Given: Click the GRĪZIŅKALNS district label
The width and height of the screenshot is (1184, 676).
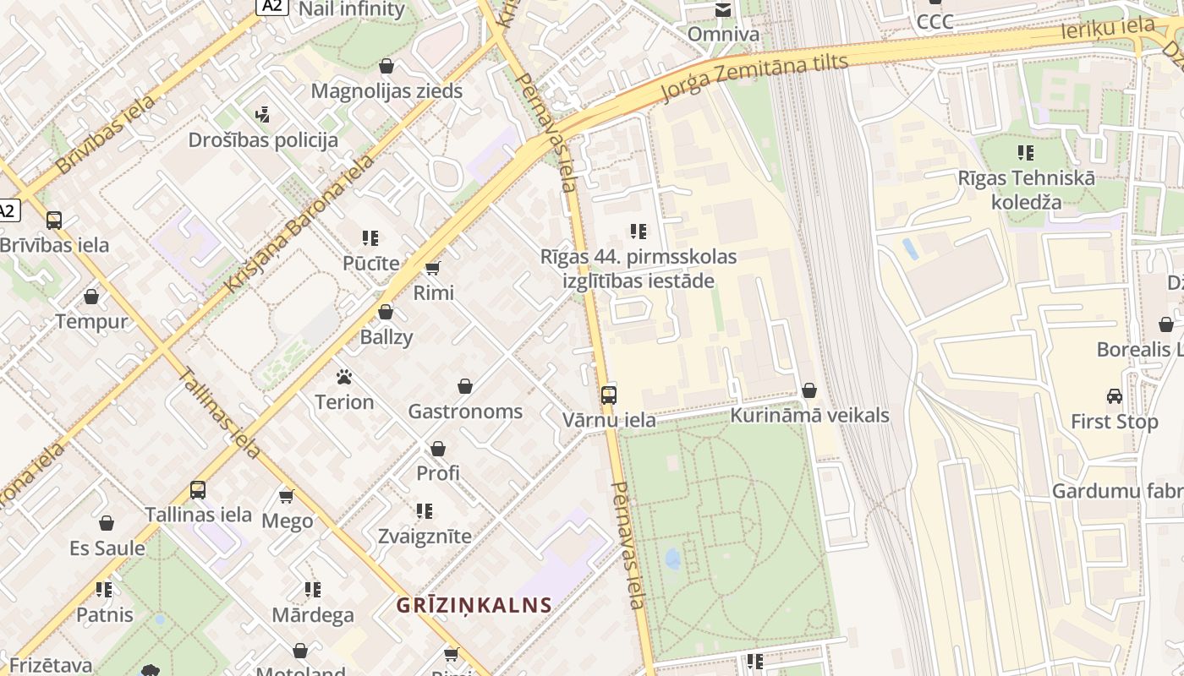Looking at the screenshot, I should (474, 605).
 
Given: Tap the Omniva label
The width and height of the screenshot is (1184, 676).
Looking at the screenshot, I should (723, 35).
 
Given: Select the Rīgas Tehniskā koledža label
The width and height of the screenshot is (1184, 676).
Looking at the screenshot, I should (1026, 190).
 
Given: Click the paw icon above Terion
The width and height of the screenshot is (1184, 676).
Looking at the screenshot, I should (344, 377).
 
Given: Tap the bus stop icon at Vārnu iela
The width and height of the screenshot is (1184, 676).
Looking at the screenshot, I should (608, 395).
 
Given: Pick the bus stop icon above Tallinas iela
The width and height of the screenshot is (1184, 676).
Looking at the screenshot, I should (198, 490).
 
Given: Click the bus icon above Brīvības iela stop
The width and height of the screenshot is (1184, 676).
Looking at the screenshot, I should (54, 221).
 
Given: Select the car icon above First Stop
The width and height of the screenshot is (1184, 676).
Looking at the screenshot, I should (1114, 396).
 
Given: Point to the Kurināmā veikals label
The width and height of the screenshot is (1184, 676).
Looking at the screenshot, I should (809, 415).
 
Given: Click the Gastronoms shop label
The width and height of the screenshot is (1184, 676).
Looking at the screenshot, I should (465, 412).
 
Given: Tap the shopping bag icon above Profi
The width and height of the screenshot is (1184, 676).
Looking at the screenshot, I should (438, 449).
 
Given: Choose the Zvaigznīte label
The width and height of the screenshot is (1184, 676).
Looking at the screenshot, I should (425, 536).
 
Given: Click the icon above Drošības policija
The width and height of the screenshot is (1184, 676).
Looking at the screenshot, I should (263, 114).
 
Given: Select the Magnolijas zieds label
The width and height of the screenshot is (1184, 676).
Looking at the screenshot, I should (386, 90).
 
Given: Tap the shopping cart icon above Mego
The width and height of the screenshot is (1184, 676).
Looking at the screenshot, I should (287, 496).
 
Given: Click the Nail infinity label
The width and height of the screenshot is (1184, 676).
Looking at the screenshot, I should (352, 10).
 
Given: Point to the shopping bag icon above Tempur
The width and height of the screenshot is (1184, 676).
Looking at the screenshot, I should (91, 297).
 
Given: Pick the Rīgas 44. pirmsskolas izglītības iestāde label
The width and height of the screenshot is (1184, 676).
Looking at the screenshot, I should (639, 269).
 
